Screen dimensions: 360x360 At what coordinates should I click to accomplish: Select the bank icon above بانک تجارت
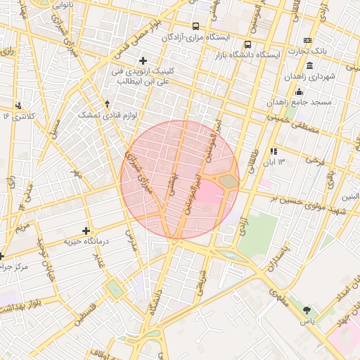pos(307,40)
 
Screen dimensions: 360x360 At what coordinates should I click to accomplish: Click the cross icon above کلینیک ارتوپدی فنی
pos(144,61)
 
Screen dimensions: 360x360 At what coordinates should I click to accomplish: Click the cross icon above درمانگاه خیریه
pos(86,231)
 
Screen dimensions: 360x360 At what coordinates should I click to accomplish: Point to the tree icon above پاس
pos(306,309)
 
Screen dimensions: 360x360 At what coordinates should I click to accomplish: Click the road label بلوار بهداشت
pos(28,304)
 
